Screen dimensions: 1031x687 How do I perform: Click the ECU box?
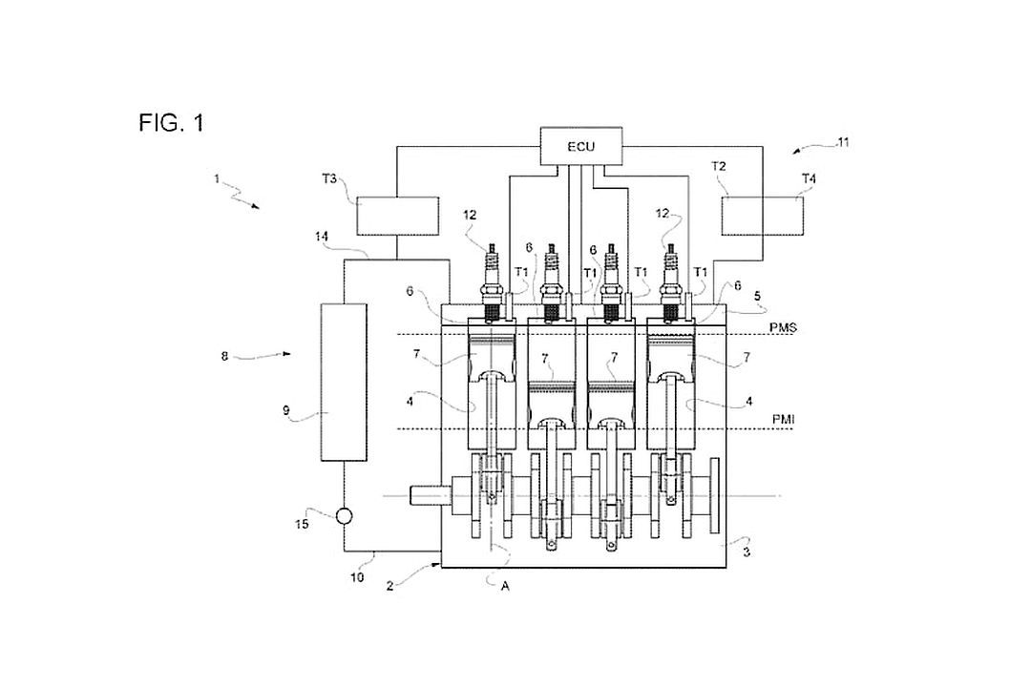pyautogui.click(x=581, y=146)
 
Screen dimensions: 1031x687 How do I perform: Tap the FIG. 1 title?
pyautogui.click(x=172, y=122)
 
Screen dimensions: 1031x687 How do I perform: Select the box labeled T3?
pyautogui.click(x=397, y=215)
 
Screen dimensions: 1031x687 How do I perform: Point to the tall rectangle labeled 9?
pyautogui.click(x=344, y=382)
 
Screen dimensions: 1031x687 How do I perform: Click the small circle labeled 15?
pyautogui.click(x=344, y=517)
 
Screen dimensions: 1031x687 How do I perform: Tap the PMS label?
pyautogui.click(x=783, y=327)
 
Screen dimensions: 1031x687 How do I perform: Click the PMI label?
pyautogui.click(x=782, y=419)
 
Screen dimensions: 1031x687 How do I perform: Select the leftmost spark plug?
pyautogui.click(x=491, y=284)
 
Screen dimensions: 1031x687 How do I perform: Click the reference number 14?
pyautogui.click(x=322, y=236)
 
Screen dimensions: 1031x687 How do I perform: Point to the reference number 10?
pyautogui.click(x=356, y=578)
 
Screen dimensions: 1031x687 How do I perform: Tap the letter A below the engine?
pyautogui.click(x=505, y=587)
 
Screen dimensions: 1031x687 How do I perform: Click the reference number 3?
pyautogui.click(x=747, y=552)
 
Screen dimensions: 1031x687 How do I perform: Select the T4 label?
pyautogui.click(x=809, y=178)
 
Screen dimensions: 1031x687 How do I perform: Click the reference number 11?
pyautogui.click(x=842, y=142)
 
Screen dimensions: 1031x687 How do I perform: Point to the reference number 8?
pyautogui.click(x=224, y=356)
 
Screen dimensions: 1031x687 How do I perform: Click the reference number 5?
pyautogui.click(x=757, y=297)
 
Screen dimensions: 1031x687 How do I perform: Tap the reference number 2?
pyautogui.click(x=389, y=587)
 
